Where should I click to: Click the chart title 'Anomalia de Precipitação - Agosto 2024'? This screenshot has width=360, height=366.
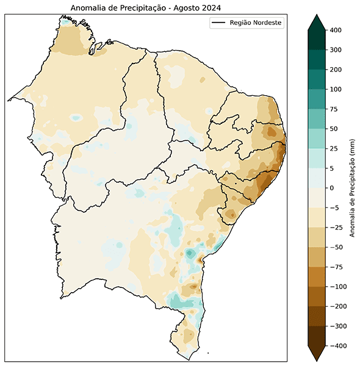(145, 7)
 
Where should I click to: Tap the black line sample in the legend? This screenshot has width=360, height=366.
(218, 23)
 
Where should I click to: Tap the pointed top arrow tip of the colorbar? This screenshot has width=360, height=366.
(317, 15)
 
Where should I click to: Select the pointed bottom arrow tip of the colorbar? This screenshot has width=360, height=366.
(317, 360)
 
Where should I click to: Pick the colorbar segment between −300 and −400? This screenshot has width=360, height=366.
(317, 336)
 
